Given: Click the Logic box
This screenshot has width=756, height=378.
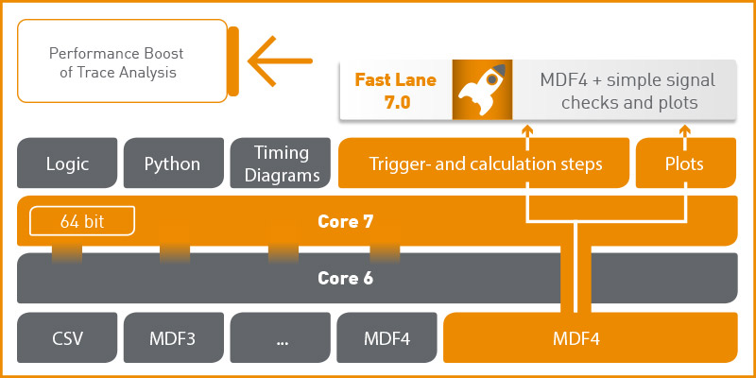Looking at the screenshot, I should (67, 163).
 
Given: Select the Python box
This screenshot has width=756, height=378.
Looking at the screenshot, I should (172, 163).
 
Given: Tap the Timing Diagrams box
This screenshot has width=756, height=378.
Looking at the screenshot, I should (282, 163).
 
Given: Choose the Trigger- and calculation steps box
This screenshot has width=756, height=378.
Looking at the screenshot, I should (484, 163).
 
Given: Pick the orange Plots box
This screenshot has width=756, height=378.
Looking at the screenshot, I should (685, 163).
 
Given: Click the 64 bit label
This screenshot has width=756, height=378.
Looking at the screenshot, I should (81, 222).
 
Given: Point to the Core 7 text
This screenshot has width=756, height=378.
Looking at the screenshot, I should (344, 222).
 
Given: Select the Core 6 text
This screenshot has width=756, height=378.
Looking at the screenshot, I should (344, 278).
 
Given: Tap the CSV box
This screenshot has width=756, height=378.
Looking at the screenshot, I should (67, 337).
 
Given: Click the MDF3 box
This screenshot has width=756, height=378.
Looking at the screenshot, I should (172, 337).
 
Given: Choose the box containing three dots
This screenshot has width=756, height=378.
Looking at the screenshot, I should (282, 337).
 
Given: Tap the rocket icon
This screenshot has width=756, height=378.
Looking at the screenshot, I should (482, 91).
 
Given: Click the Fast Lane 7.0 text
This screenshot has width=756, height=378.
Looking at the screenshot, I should (396, 91).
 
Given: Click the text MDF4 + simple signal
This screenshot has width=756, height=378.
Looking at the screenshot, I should (627, 79).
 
